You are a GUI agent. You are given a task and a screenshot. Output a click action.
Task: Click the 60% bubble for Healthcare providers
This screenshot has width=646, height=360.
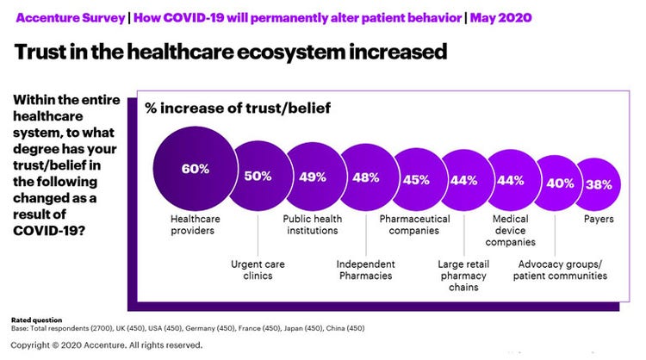(195, 169)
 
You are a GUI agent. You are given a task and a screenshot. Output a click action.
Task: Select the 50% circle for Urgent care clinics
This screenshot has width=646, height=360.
(258, 176)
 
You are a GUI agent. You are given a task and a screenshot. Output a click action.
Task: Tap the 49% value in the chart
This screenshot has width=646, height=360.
(313, 177)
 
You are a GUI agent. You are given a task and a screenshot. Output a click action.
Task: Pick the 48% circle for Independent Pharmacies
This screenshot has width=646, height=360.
(366, 178)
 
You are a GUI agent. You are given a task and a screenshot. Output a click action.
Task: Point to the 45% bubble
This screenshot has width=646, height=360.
(417, 180)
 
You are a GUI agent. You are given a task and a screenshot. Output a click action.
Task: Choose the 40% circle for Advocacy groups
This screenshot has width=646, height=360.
(560, 183)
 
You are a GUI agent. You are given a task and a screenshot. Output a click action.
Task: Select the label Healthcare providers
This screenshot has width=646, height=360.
(195, 225)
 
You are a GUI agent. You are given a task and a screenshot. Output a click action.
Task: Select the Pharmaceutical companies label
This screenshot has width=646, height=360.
(415, 225)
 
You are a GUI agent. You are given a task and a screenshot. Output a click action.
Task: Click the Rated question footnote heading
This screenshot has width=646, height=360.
(36, 320)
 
